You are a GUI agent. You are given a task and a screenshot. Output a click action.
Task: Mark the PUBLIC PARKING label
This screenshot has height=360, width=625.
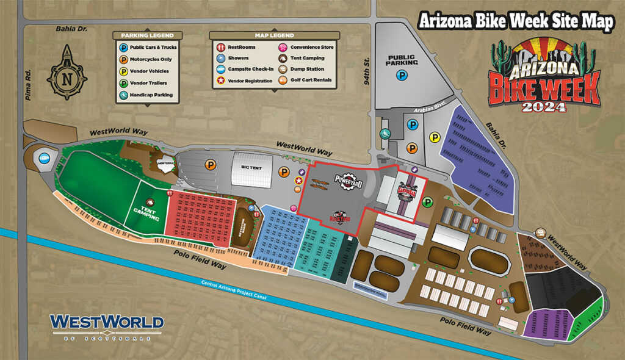click(x=402, y=60)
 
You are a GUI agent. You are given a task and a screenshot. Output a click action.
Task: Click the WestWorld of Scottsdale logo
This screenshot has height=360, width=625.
click(x=107, y=325)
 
